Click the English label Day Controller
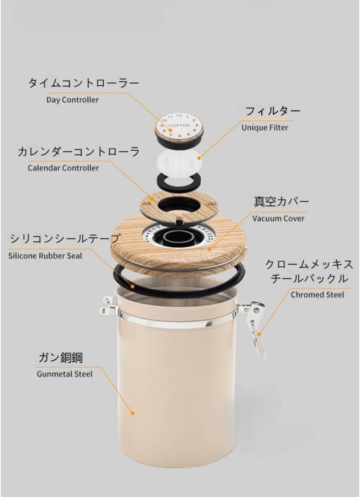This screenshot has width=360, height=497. pos(72,100)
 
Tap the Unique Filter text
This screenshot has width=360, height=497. pos(265,128)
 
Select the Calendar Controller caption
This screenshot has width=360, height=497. pos(63,168)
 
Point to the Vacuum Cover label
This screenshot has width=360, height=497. pos(278,219)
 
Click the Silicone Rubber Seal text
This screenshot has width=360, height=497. pos(45,256)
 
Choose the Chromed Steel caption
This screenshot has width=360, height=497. pos(317,295)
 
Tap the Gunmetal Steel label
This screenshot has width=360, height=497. pos(65,374)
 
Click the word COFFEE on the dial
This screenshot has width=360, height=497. pos(179,125)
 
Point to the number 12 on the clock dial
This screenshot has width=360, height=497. pos(179,116)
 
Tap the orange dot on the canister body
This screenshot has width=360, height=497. pos(132,413)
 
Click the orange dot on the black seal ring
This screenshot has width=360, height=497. pos(132,286)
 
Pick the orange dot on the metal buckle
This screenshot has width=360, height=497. pos(259,334)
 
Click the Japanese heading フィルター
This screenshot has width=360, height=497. pos(273,111)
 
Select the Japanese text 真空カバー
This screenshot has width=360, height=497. pos(281,202)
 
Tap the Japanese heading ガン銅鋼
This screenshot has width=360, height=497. pos(60,358)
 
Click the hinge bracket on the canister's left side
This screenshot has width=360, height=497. pos(108,306)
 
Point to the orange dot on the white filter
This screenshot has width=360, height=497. pos(199,158)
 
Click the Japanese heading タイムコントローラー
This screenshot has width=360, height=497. pos(84,83)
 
